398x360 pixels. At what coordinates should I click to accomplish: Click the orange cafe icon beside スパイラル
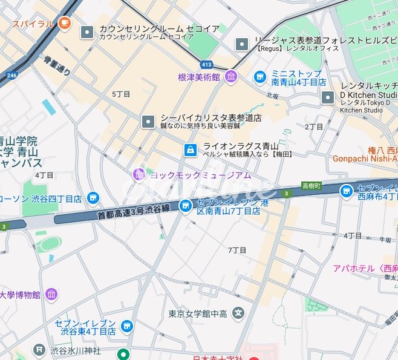click(x=65, y=24)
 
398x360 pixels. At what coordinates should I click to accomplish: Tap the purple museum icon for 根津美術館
click(x=230, y=77)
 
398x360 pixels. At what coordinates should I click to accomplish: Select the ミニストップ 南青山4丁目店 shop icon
click(x=260, y=76)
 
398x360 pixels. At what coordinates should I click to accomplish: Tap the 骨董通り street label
click(x=57, y=65)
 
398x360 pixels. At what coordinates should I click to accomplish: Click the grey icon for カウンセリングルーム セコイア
click(x=87, y=32)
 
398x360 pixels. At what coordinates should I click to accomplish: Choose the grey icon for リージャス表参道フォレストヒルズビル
click(x=242, y=44)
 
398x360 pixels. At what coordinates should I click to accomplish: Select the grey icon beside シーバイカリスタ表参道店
click(x=148, y=122)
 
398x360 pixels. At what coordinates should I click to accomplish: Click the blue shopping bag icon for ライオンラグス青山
click(x=190, y=149)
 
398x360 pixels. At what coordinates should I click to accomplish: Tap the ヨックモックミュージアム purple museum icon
click(x=139, y=175)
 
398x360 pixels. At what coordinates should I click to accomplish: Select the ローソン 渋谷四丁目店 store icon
click(x=93, y=198)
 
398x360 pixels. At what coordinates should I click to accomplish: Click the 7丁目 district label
click(x=238, y=250)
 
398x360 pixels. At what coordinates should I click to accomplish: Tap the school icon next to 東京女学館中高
click(x=239, y=313)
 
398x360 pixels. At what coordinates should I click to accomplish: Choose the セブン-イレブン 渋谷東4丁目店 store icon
click(x=126, y=327)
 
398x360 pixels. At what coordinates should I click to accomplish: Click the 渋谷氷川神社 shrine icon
click(x=39, y=350)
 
